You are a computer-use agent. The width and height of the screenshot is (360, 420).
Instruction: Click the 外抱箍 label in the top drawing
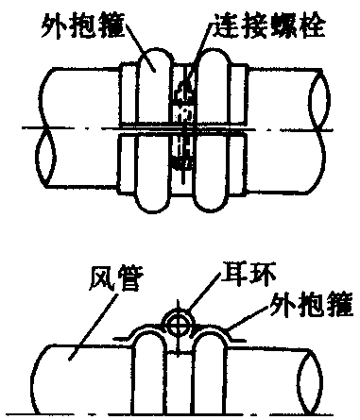point(82,25)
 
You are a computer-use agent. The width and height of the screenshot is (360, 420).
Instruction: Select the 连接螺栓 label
point(270,25)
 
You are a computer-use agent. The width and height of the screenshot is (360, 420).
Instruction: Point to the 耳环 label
point(249,274)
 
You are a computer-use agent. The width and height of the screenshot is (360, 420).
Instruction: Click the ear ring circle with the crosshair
point(178,325)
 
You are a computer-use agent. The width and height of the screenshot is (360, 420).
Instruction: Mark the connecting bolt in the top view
point(184,126)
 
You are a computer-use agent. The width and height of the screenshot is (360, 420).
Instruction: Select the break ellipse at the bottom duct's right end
point(311,381)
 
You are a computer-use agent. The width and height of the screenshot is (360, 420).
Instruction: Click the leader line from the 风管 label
point(94,327)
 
